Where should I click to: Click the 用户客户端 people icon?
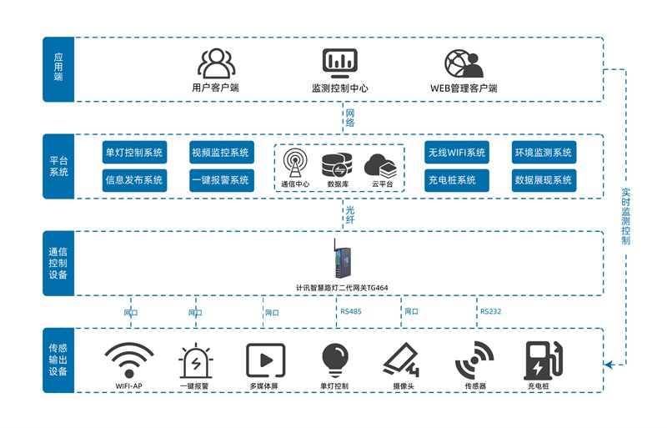(215, 63)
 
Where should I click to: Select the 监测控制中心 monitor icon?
(339, 63)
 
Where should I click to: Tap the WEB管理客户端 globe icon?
(464, 63)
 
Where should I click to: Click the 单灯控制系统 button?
(134, 153)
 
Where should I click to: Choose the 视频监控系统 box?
(220, 153)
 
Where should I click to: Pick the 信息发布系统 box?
(134, 179)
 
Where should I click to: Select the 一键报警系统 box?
(220, 179)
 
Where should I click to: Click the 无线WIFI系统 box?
(457, 153)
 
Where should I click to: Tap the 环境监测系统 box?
(544, 153)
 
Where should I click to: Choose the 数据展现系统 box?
(544, 179)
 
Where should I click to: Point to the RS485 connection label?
(351, 312)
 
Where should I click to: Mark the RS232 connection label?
(490, 312)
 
